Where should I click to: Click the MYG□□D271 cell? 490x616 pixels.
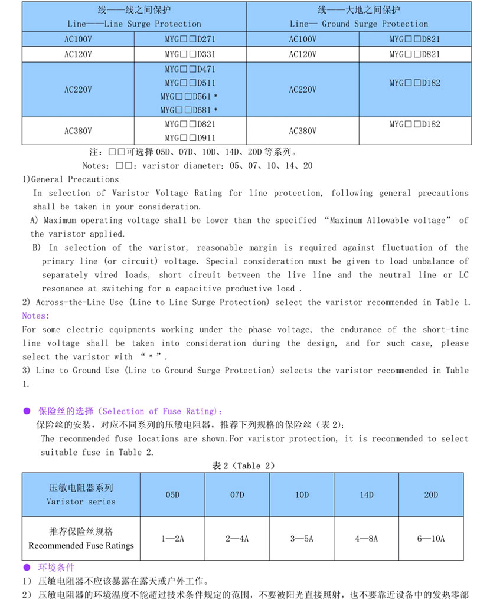click(191, 40)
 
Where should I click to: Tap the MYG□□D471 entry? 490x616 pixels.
click(191, 69)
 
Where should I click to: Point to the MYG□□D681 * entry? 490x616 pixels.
click(191, 110)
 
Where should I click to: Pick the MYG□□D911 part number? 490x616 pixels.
click(191, 138)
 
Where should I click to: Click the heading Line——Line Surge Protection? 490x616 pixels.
click(134, 24)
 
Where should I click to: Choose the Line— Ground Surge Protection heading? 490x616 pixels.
click(359, 24)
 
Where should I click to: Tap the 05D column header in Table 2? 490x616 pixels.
click(172, 495)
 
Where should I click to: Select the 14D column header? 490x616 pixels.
click(367, 495)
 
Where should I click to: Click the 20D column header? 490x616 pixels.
click(431, 495)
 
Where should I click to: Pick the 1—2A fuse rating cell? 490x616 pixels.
click(172, 539)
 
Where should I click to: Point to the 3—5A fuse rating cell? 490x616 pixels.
click(302, 539)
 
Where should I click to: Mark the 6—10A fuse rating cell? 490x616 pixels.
click(431, 539)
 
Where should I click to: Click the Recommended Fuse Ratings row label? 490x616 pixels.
click(81, 546)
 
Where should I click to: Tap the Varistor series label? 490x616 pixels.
click(81, 502)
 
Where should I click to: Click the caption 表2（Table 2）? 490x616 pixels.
click(244, 466)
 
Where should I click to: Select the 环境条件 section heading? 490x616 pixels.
click(57, 568)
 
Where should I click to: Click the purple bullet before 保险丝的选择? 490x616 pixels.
click(26, 411)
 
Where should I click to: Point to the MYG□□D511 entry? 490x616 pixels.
click(191, 83)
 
